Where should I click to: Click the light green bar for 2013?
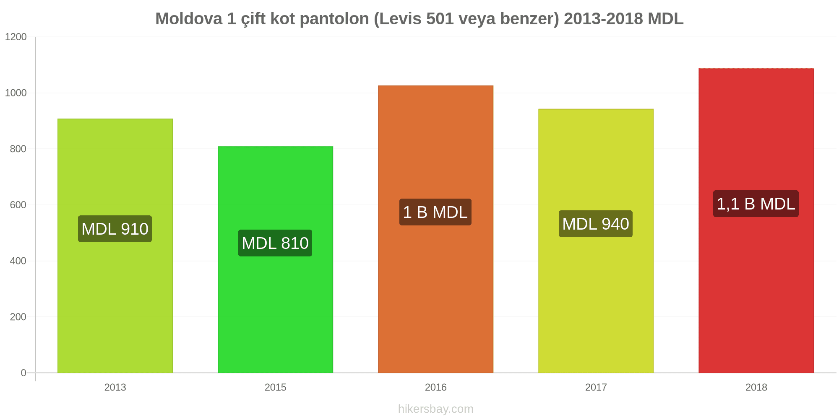tap(115, 246)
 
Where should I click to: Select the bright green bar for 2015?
tap(275, 260)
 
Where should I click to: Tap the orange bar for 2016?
tap(435, 229)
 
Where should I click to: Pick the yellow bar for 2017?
tap(596, 241)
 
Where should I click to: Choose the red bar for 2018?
tap(756, 220)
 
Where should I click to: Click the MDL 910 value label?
tap(115, 229)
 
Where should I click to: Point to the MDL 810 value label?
tap(275, 243)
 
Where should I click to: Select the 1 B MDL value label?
tap(435, 212)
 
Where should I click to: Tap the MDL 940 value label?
tap(596, 224)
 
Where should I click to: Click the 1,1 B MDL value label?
tap(756, 204)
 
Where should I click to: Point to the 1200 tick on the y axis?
tap(16, 37)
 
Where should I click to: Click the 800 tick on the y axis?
tap(18, 149)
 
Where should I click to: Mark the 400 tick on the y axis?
tap(18, 261)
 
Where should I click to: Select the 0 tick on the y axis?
tap(23, 373)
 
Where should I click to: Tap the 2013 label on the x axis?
tap(115, 387)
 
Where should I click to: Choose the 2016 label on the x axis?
tap(435, 387)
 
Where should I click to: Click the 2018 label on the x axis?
tap(756, 387)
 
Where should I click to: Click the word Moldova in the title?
tap(189, 19)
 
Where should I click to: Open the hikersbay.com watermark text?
tap(435, 409)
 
